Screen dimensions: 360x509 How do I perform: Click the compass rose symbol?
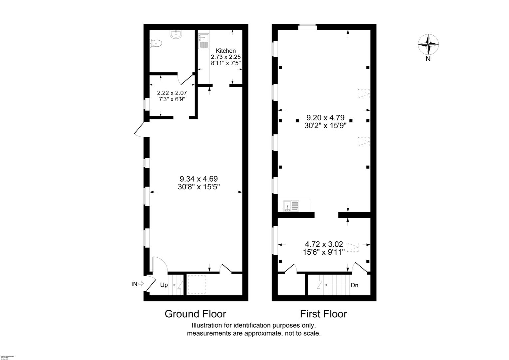coord(428,44)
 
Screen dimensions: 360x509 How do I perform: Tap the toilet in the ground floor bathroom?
coord(156,43)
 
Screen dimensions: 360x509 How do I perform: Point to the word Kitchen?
coord(226,51)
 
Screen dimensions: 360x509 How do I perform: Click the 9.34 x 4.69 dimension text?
coord(199,179)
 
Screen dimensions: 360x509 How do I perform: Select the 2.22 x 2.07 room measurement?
coord(172,93)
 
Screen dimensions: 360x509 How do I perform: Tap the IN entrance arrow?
coord(141,284)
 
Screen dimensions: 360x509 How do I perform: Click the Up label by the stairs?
coord(164,285)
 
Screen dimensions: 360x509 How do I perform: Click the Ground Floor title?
coord(195,314)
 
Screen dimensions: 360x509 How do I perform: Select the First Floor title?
coord(323,314)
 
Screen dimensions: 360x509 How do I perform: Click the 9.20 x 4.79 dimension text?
coord(325,118)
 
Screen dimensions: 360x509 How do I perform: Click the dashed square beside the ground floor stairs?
coord(197,284)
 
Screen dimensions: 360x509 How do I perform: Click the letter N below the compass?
coord(428,59)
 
